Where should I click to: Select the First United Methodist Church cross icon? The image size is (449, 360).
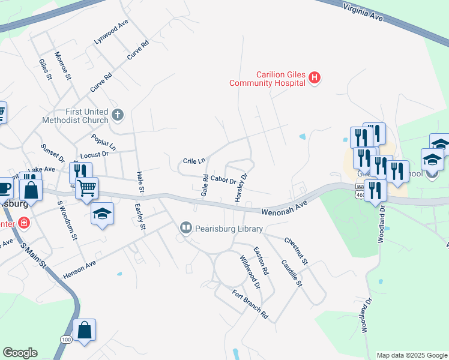[x=118, y=114]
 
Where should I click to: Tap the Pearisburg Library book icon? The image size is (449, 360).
[x=185, y=228]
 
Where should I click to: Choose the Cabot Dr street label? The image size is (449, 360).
[x=223, y=180]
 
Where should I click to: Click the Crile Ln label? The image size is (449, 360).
[x=194, y=161]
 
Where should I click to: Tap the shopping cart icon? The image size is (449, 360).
[x=86, y=188]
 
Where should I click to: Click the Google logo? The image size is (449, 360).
[x=20, y=353]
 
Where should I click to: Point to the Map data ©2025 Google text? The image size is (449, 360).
[x=412, y=355]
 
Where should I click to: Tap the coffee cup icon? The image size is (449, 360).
[x=4, y=188]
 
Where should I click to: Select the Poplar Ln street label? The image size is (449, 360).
[x=104, y=143]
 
